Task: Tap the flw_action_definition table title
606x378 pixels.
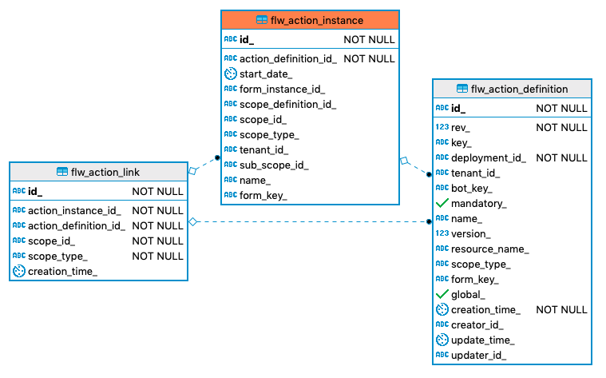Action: [x=519, y=89]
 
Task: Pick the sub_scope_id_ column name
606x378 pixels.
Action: [x=274, y=165]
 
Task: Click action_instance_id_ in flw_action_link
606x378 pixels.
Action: [x=74, y=210]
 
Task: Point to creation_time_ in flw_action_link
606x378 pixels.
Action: [x=62, y=271]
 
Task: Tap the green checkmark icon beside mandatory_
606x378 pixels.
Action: [x=442, y=204]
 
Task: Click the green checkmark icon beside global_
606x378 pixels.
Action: [x=442, y=295]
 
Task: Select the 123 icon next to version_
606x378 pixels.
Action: [x=442, y=234]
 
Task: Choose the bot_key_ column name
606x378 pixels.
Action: [x=471, y=189]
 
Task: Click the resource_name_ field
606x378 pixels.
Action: [x=489, y=249]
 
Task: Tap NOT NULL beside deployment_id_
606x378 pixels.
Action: [x=561, y=158]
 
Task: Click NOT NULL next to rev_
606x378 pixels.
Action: [x=561, y=128]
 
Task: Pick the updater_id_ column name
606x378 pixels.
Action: [x=478, y=356]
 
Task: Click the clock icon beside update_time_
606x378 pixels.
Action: [x=442, y=340]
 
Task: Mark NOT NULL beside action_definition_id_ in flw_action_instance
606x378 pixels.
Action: [x=369, y=58]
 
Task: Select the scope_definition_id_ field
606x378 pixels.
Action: [x=287, y=104]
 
